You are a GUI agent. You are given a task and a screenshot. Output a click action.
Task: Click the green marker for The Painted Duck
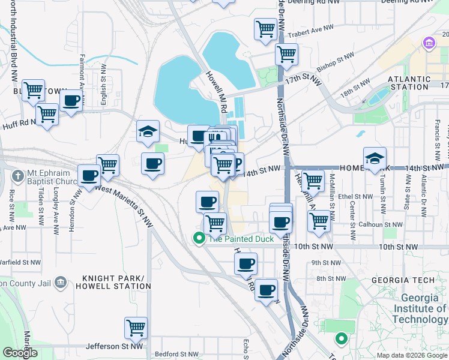(199, 239)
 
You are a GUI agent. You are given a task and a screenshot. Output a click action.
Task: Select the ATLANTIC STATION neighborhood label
(409, 83)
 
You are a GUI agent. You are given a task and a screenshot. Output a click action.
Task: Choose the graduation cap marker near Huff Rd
(148, 133)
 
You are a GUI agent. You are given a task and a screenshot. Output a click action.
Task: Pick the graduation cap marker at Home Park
(375, 159)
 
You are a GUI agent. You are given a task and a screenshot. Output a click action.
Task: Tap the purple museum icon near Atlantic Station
(429, 44)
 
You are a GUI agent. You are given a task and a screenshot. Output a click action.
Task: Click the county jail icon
(60, 282)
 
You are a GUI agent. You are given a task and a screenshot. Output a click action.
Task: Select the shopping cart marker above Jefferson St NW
(136, 328)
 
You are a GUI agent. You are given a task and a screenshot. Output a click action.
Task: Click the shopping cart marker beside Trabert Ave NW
(265, 29)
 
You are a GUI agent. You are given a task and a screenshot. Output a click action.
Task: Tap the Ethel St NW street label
(356, 196)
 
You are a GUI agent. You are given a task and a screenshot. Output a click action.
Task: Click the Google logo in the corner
(20, 353)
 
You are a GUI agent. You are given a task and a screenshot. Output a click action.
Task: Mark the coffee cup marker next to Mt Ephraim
(89, 176)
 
